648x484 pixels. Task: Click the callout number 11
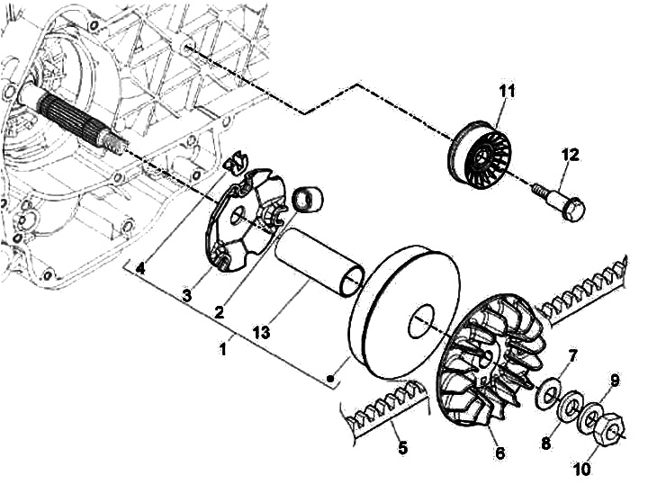(506, 91)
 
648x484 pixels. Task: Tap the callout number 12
(571, 155)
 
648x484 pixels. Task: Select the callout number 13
(261, 332)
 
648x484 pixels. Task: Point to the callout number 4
(140, 269)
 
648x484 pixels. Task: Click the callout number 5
(402, 447)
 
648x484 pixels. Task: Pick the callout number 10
(582, 469)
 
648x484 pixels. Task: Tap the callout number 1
(223, 349)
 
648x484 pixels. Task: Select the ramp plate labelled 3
(246, 220)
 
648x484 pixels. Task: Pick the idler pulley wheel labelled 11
(480, 156)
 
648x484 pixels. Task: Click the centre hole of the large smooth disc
(422, 322)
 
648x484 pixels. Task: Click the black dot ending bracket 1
(330, 378)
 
